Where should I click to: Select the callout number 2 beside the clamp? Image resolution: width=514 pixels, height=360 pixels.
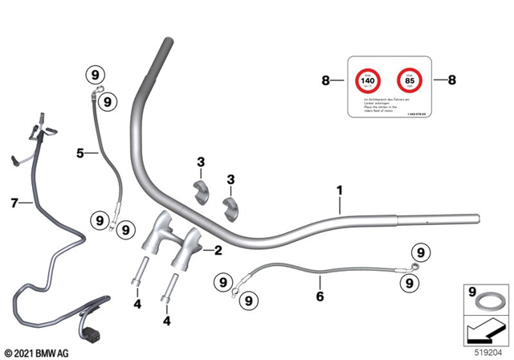point(216,250)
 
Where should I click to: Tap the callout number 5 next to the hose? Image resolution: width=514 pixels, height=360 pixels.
point(80,152)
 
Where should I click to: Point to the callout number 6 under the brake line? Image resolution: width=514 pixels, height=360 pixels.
point(320,297)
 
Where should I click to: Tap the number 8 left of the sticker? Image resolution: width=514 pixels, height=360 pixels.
point(325,80)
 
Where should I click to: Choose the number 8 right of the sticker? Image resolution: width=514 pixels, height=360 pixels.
point(451,80)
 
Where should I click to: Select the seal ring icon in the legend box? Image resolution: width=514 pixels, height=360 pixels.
point(487,304)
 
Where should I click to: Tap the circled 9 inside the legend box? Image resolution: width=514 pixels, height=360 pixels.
point(472,290)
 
